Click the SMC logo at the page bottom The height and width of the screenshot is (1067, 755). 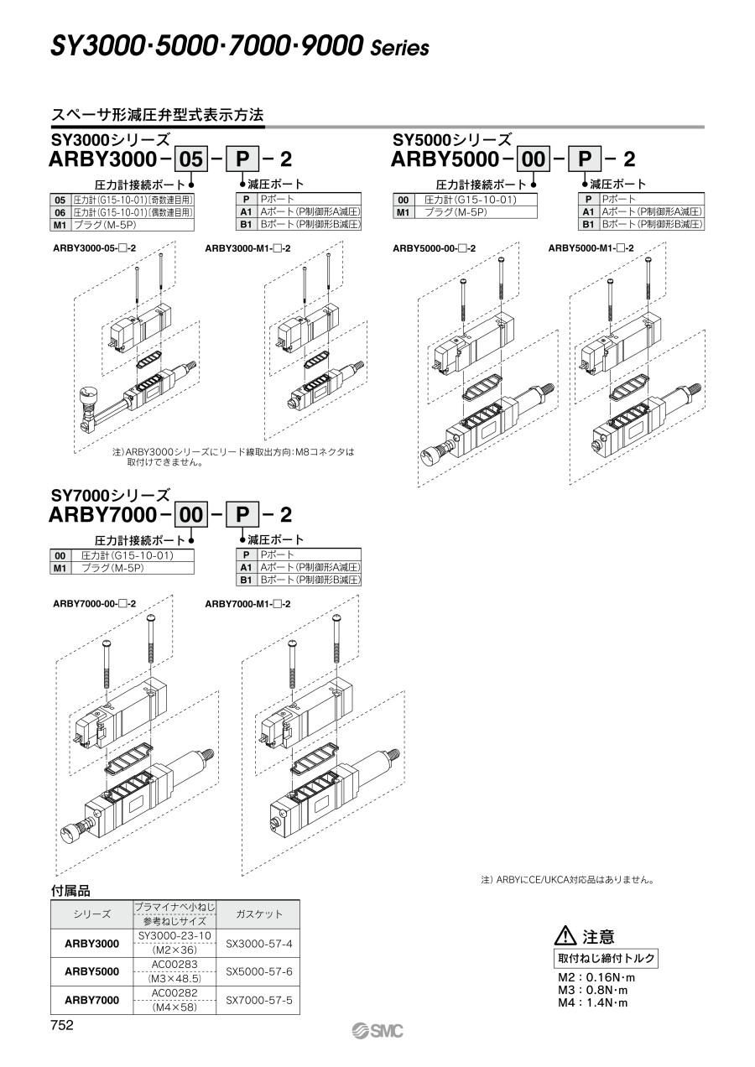point(377,1031)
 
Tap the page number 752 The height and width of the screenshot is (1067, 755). point(62,1024)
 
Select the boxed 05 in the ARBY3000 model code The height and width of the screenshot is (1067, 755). point(191,159)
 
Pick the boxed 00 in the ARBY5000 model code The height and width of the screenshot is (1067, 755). point(534,159)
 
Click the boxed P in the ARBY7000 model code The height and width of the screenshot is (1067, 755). point(243,515)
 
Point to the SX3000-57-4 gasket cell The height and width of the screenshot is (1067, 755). point(258,943)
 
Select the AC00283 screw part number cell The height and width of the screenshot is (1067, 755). point(174,964)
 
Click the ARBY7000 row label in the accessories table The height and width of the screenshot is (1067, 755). point(92,1000)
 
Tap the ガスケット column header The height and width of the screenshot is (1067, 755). point(258,914)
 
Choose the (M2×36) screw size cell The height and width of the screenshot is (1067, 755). point(174,950)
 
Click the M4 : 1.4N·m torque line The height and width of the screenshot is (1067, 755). point(593,1002)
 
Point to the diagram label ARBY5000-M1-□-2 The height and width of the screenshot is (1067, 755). point(591,248)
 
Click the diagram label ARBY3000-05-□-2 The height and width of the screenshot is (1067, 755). point(95,248)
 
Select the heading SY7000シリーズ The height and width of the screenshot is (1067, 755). point(110,496)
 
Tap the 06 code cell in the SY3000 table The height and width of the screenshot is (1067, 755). point(60,212)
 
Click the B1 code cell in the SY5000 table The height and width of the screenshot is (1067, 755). point(588,224)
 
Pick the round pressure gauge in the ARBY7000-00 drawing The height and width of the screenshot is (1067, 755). point(72,831)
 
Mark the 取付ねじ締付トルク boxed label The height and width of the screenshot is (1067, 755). point(606,958)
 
